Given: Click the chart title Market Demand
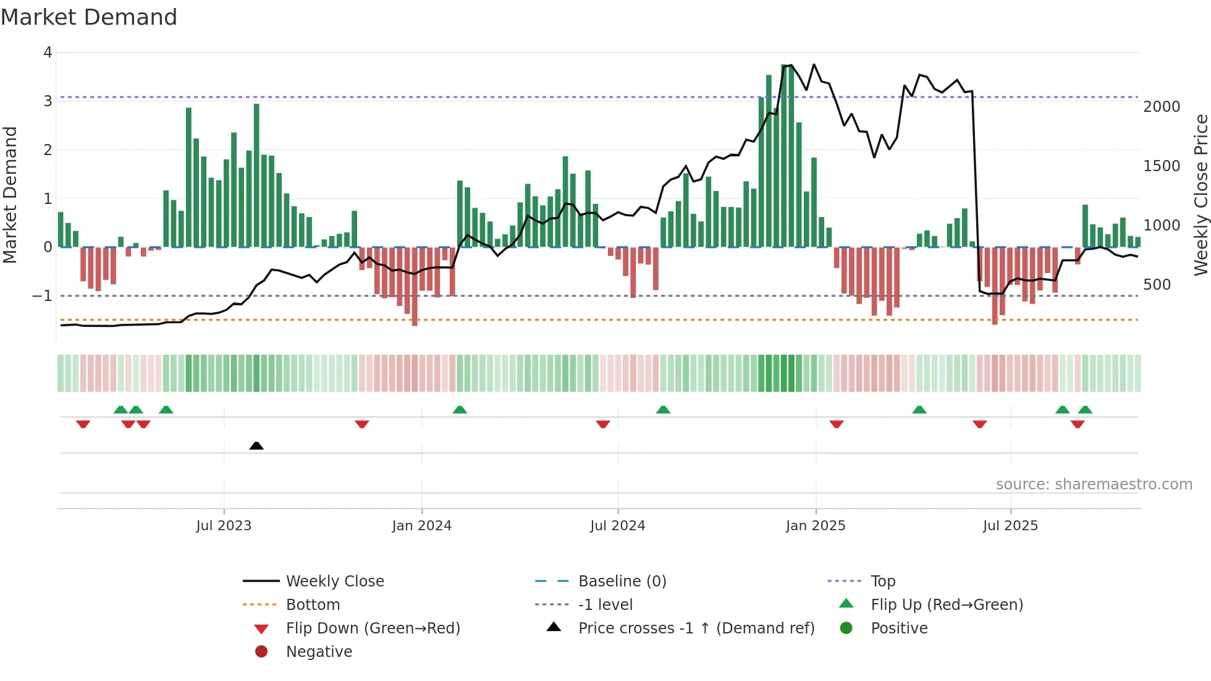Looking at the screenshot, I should pyautogui.click(x=89, y=17).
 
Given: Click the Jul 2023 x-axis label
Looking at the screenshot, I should pyautogui.click(x=224, y=526).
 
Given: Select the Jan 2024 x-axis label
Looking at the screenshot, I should pyautogui.click(x=421, y=526).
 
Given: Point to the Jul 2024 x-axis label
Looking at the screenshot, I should pyautogui.click(x=617, y=526).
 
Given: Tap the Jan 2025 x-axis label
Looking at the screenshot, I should pyautogui.click(x=815, y=526).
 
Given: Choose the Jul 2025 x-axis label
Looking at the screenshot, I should pyautogui.click(x=1010, y=526).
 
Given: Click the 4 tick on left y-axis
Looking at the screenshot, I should pyautogui.click(x=48, y=53).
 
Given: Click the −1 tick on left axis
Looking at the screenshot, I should pyautogui.click(x=43, y=296).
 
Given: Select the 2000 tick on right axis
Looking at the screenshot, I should pyautogui.click(x=1162, y=107).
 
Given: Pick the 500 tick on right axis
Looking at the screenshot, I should pyautogui.click(x=1157, y=285).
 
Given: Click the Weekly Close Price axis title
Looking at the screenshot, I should pyautogui.click(x=1200, y=195).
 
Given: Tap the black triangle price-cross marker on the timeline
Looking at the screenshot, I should pyautogui.click(x=256, y=446).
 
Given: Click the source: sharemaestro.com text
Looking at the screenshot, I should pyautogui.click(x=1094, y=484).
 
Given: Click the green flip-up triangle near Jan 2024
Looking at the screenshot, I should pyautogui.click(x=460, y=410).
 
